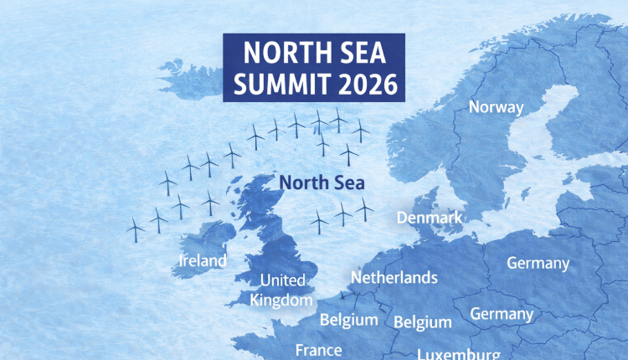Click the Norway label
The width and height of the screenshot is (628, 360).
[x=496, y=107]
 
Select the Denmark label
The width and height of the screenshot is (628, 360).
[x=429, y=218]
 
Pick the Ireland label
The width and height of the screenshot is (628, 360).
[x=203, y=260]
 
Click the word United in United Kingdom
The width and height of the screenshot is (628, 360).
[x=283, y=280]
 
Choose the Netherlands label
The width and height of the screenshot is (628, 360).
[x=394, y=277]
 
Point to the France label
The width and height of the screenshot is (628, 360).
[x=319, y=350]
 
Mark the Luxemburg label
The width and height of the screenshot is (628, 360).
[x=459, y=353]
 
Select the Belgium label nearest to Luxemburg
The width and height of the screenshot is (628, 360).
[x=422, y=321]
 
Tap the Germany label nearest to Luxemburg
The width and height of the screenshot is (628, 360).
[x=502, y=314]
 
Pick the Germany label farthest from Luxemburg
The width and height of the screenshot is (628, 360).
[x=538, y=263]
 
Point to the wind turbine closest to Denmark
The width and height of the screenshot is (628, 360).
[x=363, y=209]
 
